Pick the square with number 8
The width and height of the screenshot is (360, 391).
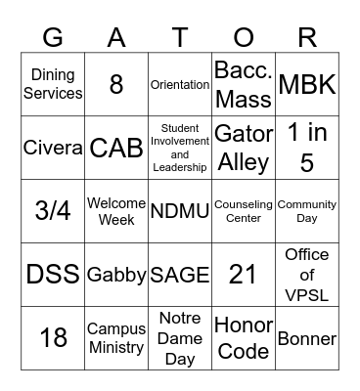pyautogui.click(x=116, y=84)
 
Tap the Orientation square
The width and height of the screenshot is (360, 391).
pyautogui.click(x=180, y=84)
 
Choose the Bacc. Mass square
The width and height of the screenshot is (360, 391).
pyautogui.click(x=244, y=84)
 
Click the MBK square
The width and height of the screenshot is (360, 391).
pyautogui.click(x=307, y=84)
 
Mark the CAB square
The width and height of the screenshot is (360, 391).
pyautogui.click(x=116, y=148)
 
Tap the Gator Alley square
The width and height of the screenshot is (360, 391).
pyautogui.click(x=244, y=148)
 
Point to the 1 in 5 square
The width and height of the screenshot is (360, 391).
pyautogui.click(x=307, y=148)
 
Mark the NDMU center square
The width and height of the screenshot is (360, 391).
pyautogui.click(x=180, y=211)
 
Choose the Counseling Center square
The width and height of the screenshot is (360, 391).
pyautogui.click(x=244, y=211)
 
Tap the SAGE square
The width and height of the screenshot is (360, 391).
pyautogui.click(x=180, y=275)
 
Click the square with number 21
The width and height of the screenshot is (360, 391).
pyautogui.click(x=244, y=275)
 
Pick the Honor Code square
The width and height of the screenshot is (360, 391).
pyautogui.click(x=244, y=338)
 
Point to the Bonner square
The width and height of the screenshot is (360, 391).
pyautogui.click(x=307, y=338)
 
